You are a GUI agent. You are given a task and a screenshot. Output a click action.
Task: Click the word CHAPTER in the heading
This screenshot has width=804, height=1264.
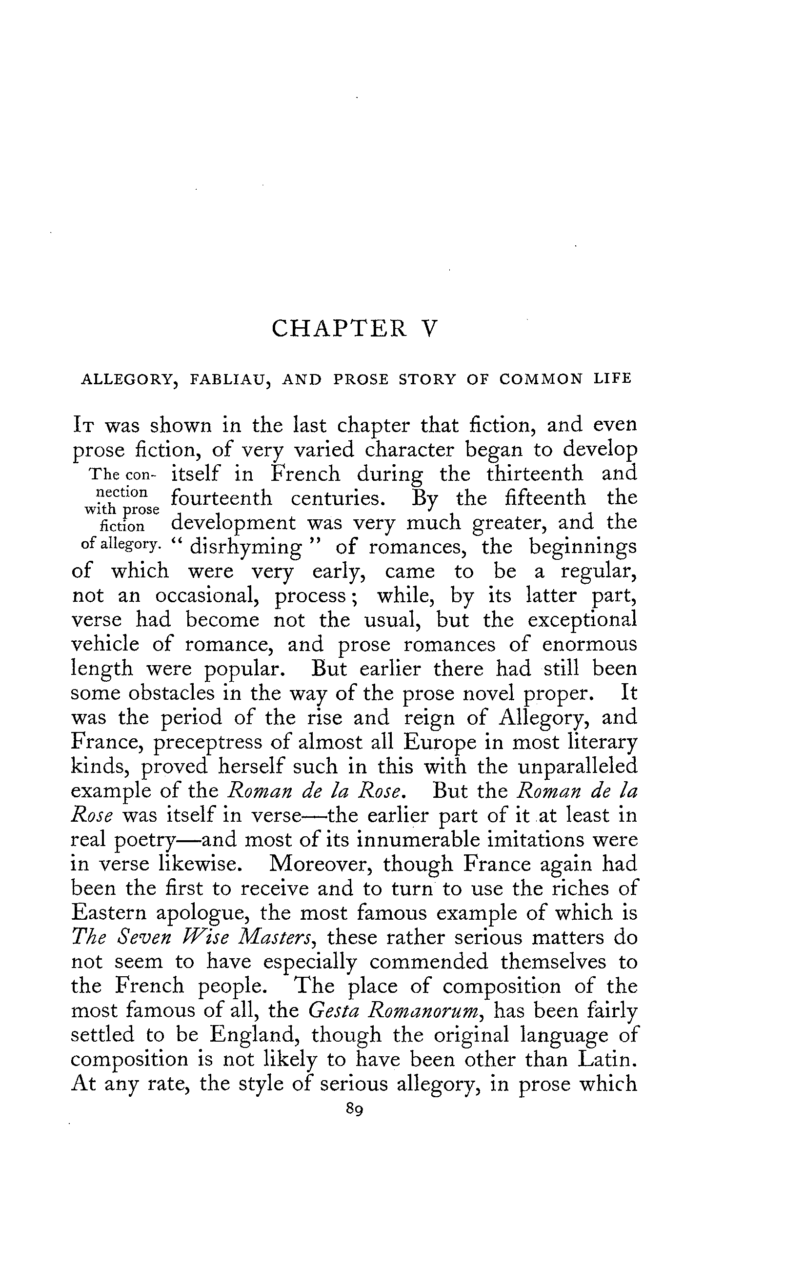click(339, 329)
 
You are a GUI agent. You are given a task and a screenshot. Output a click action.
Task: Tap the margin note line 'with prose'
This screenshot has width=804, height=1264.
click(122, 509)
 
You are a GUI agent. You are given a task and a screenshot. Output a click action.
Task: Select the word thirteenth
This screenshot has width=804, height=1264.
click(535, 474)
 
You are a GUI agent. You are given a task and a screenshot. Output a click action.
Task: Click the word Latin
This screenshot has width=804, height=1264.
click(606, 1059)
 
